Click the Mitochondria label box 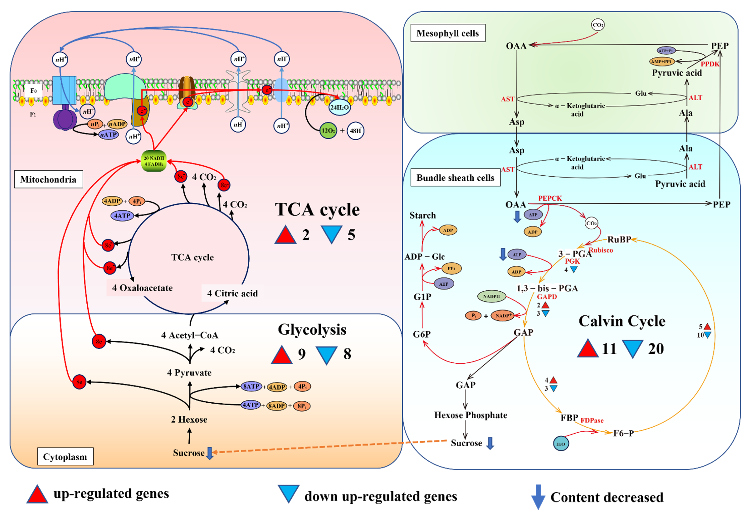tap(48, 179)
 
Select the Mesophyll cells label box tap(448, 33)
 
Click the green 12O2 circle tap(328, 131)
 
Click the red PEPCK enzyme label tap(550, 198)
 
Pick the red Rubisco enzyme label tap(601, 250)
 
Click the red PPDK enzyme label tap(710, 64)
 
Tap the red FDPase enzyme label tap(592, 420)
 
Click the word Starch tap(423, 215)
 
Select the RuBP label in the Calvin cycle tap(619, 239)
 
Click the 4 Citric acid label tap(232, 293)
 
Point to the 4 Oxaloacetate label tap(142, 288)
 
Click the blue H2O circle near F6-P tap(561, 444)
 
